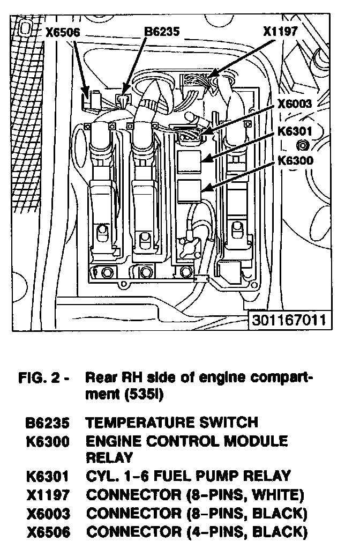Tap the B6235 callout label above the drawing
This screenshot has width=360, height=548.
click(x=163, y=32)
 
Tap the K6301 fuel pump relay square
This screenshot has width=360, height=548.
click(x=188, y=160)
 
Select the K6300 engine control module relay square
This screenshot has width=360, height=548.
click(x=188, y=190)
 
